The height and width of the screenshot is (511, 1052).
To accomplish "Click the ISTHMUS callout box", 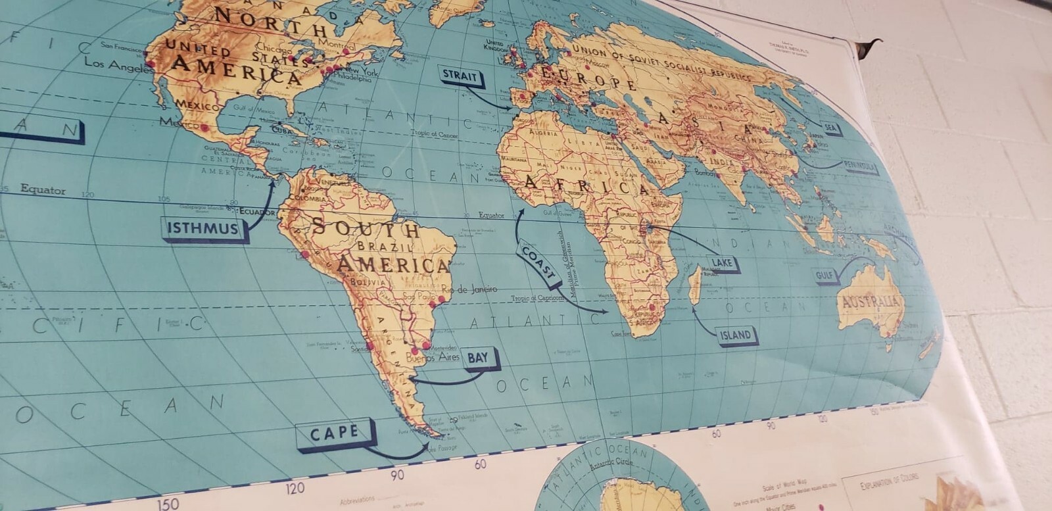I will click(x=203, y=229).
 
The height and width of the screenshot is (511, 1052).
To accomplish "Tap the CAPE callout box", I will click(x=335, y=434).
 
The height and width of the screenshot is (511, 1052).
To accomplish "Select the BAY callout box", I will click(x=479, y=358).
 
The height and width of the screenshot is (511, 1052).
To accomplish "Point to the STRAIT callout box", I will click(x=460, y=76).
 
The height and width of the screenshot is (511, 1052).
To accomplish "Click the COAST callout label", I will click(x=539, y=263).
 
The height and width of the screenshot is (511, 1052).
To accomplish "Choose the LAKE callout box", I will click(x=721, y=263).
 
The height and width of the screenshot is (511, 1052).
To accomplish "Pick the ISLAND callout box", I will click(x=735, y=335).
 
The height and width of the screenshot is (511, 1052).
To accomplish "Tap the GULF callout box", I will click(x=826, y=275).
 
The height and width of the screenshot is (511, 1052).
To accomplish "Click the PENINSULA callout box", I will click(x=860, y=167).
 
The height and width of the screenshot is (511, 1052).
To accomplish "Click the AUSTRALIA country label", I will click(x=870, y=303).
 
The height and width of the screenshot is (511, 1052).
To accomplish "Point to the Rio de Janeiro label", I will click(x=469, y=289).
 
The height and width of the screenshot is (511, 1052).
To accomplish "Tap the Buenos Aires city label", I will click(x=431, y=358).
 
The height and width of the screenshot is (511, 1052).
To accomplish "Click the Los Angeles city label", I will click(x=116, y=64).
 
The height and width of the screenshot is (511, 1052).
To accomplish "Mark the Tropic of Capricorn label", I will click(x=537, y=299).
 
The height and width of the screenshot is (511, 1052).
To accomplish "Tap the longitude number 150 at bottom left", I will click(x=168, y=503).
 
